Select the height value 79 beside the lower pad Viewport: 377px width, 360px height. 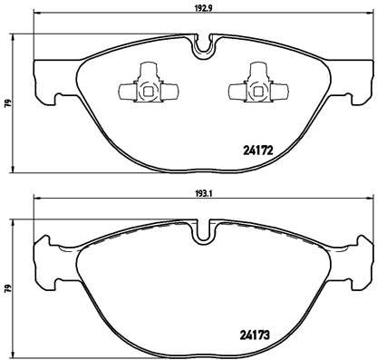pyautogui.click(x=8, y=288)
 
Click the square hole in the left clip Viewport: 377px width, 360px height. pyautogui.click(x=146, y=89)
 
